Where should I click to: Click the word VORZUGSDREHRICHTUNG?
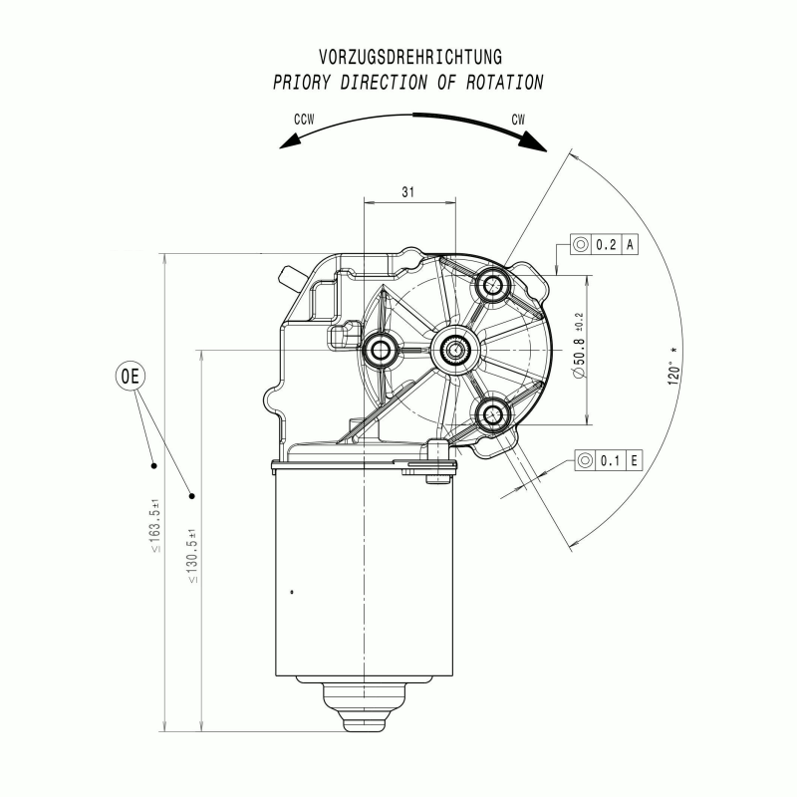click(x=410, y=57)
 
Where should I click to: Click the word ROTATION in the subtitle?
click(x=505, y=83)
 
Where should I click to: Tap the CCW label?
click(x=304, y=120)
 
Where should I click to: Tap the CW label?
click(x=518, y=120)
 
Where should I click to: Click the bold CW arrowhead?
click(x=534, y=141)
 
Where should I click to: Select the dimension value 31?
click(x=408, y=191)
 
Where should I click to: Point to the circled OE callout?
click(x=131, y=377)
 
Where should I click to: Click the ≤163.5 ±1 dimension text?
click(x=155, y=526)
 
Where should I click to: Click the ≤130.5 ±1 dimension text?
click(x=192, y=556)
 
